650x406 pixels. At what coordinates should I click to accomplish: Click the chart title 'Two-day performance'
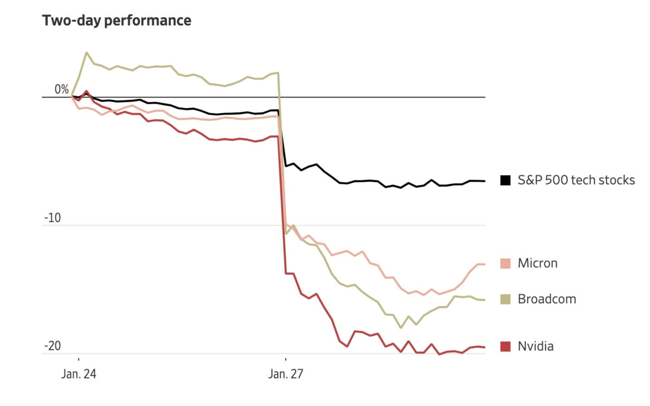click(116, 20)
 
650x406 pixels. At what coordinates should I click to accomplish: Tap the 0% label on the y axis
click(61, 89)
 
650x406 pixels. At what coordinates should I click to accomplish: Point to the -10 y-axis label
click(52, 218)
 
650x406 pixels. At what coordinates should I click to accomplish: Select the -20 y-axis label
click(52, 346)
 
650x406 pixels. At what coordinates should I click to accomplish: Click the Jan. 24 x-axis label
click(79, 374)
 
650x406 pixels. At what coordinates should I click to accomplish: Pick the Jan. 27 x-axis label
click(285, 374)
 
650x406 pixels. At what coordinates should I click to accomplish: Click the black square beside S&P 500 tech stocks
click(505, 180)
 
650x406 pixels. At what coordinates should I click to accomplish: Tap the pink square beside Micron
click(505, 263)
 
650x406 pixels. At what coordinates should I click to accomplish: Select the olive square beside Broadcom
click(505, 299)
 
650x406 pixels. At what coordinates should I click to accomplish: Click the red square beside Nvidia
click(505, 347)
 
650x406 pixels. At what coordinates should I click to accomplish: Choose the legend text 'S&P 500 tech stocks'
click(576, 180)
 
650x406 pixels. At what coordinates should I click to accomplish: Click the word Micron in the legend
click(537, 263)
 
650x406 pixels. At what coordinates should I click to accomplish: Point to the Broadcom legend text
click(547, 299)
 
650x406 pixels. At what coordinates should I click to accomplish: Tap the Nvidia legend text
click(535, 347)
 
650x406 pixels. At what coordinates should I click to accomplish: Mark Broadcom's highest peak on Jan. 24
click(86, 53)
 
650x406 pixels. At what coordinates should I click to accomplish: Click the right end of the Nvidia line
click(485, 347)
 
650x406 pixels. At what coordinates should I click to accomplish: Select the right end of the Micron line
click(485, 264)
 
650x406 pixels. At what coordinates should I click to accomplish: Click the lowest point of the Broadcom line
click(400, 327)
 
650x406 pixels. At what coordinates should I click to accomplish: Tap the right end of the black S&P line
click(485, 181)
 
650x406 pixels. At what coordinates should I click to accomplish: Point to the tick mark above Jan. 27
click(285, 359)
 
